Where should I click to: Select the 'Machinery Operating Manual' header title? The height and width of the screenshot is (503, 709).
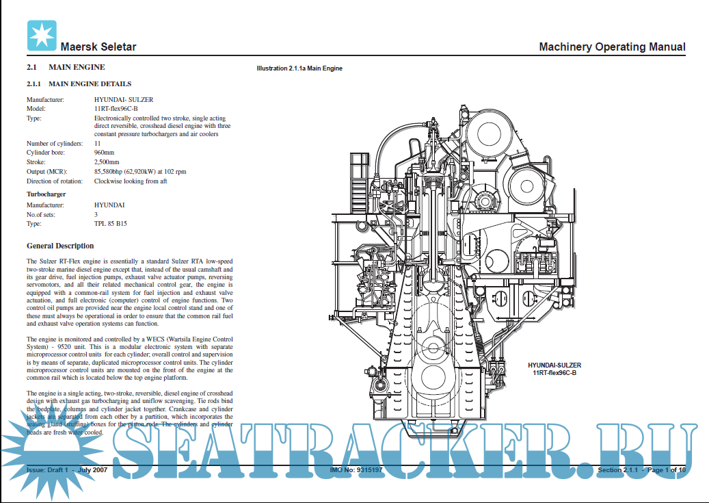pyautogui.click(x=612, y=47)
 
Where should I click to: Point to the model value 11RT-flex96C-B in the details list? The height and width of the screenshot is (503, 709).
pyautogui.click(x=116, y=109)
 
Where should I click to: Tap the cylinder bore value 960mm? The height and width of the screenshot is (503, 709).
pyautogui.click(x=105, y=153)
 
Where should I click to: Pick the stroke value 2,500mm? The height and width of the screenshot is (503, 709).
pyautogui.click(x=107, y=162)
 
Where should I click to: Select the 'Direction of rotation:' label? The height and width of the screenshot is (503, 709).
pyautogui.click(x=55, y=181)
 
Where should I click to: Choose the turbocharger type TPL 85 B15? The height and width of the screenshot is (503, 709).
pyautogui.click(x=110, y=224)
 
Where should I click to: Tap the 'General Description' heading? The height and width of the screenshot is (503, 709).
pyautogui.click(x=60, y=246)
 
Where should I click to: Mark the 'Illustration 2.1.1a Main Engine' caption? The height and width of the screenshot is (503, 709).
pyautogui.click(x=299, y=68)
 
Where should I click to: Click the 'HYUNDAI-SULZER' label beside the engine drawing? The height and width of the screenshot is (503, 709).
pyautogui.click(x=554, y=365)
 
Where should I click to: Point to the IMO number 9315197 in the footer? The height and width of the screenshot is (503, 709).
pyautogui.click(x=356, y=470)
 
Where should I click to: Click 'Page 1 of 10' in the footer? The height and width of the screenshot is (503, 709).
pyautogui.click(x=666, y=470)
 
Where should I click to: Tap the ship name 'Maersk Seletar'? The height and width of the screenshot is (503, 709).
pyautogui.click(x=98, y=47)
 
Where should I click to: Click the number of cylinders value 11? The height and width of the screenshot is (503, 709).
pyautogui.click(x=97, y=144)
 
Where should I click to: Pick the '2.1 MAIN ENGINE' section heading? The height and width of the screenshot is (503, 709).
pyautogui.click(x=66, y=67)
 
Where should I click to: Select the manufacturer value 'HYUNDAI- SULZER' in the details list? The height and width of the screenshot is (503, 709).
pyautogui.click(x=123, y=100)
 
